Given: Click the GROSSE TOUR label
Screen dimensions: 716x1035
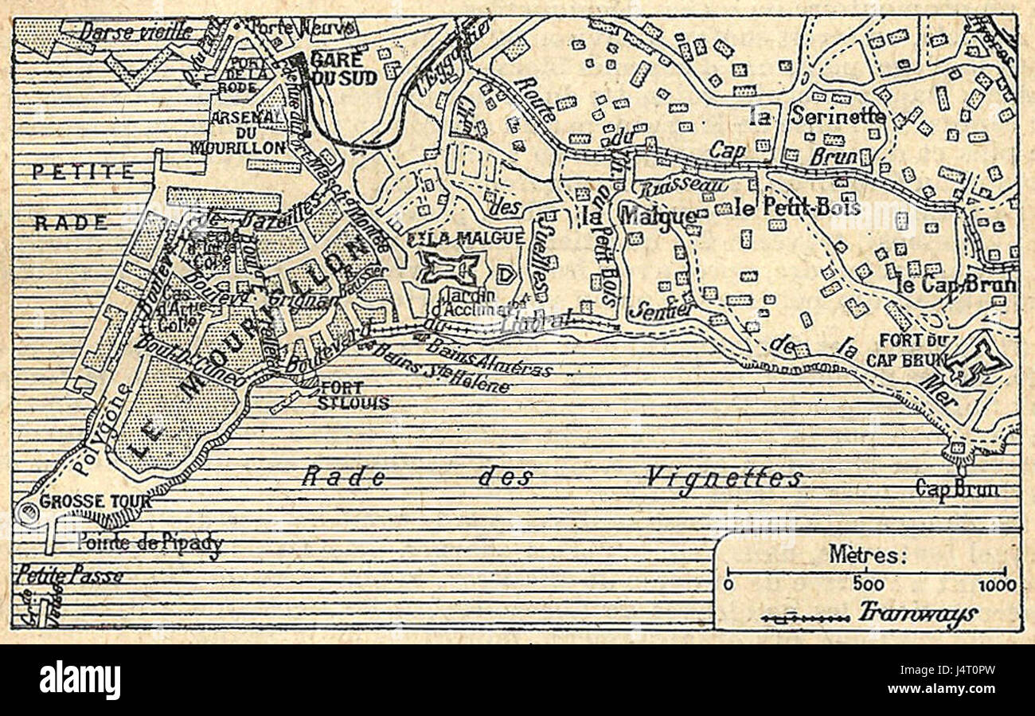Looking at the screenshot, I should coord(85,502).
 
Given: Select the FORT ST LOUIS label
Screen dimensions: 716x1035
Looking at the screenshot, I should coord(353,395).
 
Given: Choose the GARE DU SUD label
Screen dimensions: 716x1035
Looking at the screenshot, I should coord(345,69).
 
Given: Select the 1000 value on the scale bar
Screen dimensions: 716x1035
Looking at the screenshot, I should coord(997,585).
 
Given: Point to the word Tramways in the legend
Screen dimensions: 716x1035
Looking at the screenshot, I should coord(918,614).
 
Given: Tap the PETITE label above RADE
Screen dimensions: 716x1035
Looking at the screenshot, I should coord(83,172).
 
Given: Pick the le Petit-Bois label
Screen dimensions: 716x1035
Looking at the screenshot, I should coord(797,208).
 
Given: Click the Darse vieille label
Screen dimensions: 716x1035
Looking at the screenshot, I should coord(136,32).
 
